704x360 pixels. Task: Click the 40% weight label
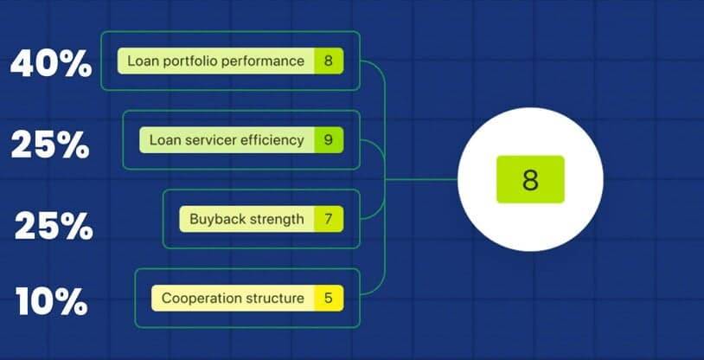pos(51,63)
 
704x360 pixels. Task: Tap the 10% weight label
pos(52,300)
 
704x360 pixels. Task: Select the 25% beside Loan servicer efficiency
pos(50,145)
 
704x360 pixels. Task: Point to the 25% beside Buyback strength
pos(54,226)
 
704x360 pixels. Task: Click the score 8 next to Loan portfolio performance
pos(329,61)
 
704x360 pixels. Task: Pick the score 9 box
pos(329,140)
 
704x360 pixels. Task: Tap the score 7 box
pos(329,219)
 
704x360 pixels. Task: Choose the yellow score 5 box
pos(329,298)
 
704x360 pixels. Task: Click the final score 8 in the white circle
pos(530,179)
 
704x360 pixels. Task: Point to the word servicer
pos(210,140)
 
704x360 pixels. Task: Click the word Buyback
pos(214,219)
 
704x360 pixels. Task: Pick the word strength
pos(274,219)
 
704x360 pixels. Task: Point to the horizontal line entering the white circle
pos(421,179)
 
